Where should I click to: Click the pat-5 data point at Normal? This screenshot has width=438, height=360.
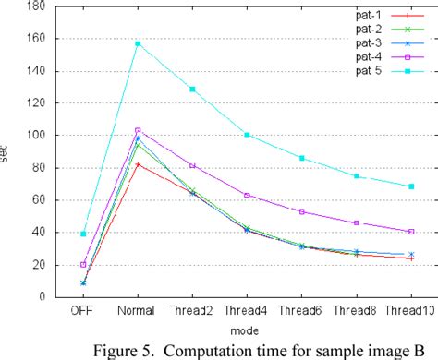pos(138,43)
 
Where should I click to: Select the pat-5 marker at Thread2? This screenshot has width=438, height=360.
pos(192,90)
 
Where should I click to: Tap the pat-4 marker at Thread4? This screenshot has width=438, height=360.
pos(247,195)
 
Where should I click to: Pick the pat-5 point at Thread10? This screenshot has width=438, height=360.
pos(411,186)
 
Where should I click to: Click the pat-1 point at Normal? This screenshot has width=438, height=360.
pos(138,164)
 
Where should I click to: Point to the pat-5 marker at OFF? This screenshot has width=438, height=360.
pos(83,234)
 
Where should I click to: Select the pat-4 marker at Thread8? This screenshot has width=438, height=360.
pos(357,222)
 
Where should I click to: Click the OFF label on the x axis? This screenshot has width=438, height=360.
pos(83,313)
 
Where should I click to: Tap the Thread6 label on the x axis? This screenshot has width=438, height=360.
pos(301,313)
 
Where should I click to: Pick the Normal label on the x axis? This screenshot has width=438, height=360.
pos(138,313)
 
